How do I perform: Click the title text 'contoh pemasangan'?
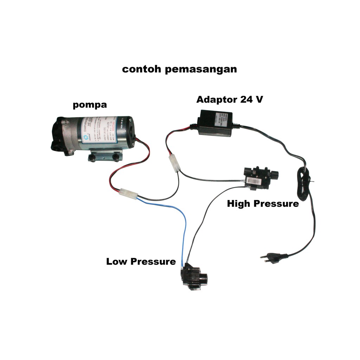tap(179, 69)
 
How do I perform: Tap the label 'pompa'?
tap(90, 105)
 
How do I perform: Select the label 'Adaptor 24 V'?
tap(230, 99)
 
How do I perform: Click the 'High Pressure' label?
tap(263, 204)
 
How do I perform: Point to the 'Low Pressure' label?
tap(141, 262)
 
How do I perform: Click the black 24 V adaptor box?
tap(215, 122)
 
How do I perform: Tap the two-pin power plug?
tap(272, 256)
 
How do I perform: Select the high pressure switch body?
tap(260, 178)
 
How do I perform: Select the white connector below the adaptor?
tap(174, 163)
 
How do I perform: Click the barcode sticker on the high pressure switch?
tap(253, 181)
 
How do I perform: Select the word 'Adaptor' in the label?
tap(217, 99)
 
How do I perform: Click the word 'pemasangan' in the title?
tap(201, 69)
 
